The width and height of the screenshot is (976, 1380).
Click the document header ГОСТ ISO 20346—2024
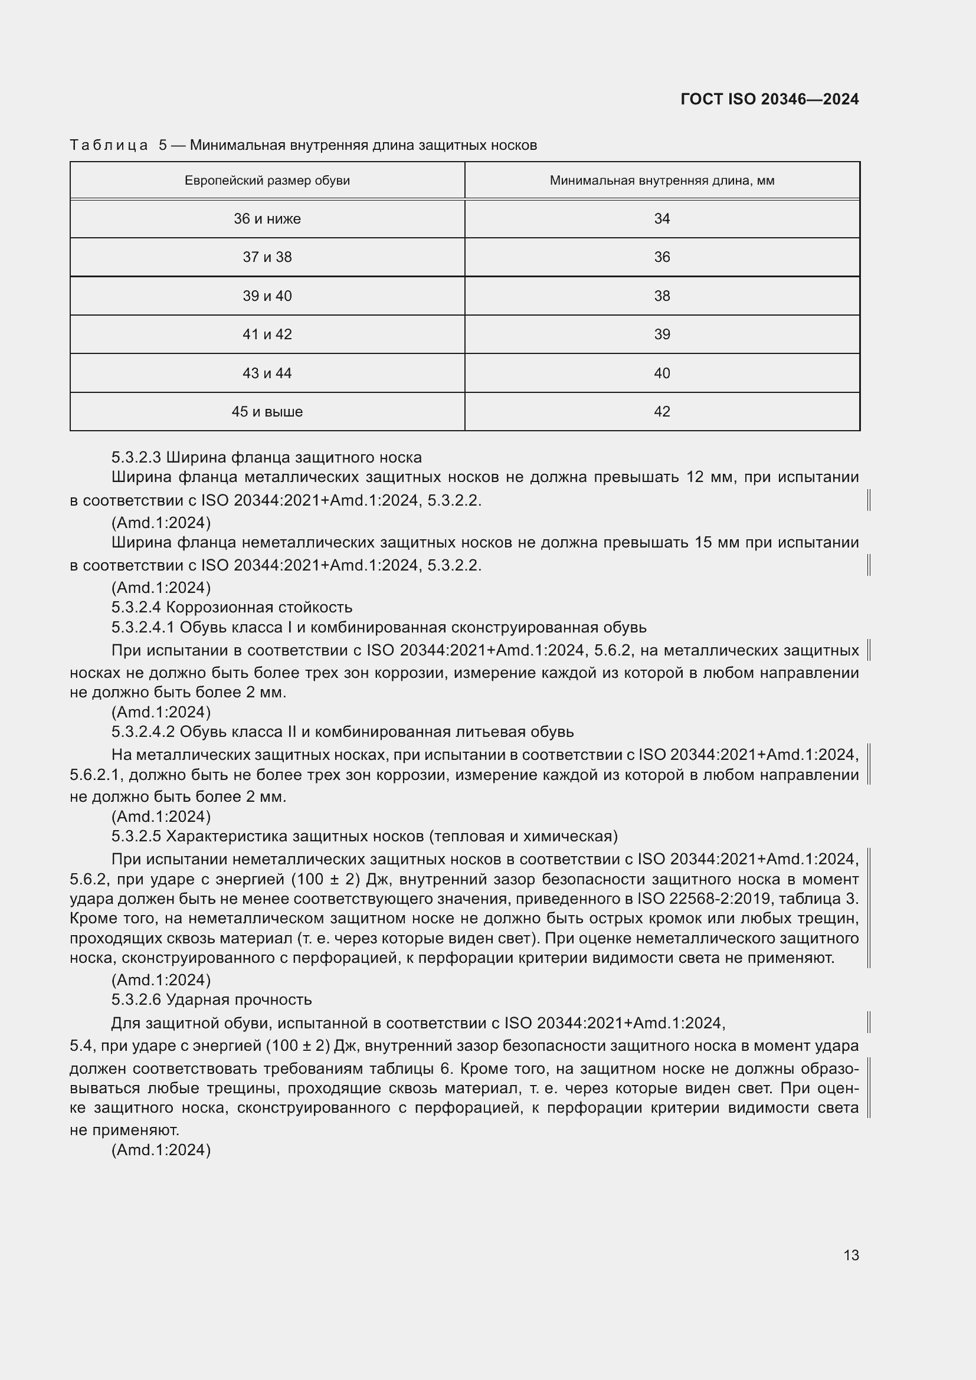(769, 99)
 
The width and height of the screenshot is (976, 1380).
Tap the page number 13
(851, 1255)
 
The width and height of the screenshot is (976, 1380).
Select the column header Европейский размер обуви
(267, 181)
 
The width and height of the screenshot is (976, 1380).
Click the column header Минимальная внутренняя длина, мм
(661, 181)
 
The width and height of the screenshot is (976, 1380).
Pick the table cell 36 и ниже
(267, 219)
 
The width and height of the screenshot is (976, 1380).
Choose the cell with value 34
(661, 219)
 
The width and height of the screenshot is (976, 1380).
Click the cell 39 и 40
(267, 296)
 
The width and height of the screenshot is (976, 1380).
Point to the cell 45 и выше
(267, 412)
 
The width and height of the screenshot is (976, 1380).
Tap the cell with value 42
(661, 412)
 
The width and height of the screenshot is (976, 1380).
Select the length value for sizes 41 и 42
(661, 334)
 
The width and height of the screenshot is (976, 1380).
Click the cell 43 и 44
(267, 373)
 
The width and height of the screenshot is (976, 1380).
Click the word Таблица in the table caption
(109, 145)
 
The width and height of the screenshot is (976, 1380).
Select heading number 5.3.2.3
(136, 457)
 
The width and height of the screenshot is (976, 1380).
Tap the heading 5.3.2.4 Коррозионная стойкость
(232, 607)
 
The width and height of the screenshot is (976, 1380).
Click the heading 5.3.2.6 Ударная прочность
(212, 999)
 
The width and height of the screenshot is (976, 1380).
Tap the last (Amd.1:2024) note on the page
(161, 1150)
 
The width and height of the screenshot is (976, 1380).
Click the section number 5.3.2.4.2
(143, 732)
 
